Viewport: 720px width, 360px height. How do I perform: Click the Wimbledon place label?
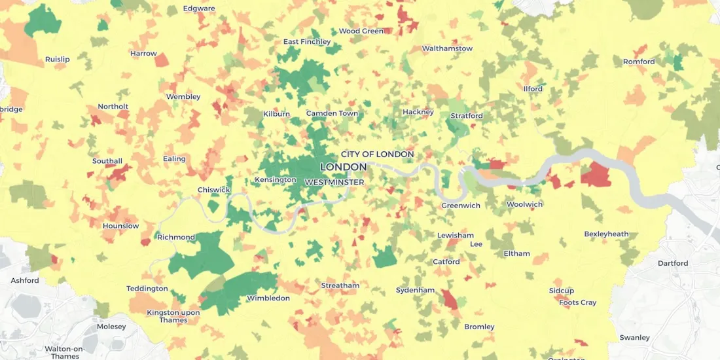point(268,298)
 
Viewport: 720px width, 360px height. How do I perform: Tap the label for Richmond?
point(176,237)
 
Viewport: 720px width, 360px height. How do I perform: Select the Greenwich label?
point(461,206)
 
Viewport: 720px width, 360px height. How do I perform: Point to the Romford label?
point(638,62)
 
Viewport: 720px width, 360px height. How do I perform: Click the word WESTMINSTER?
point(334,182)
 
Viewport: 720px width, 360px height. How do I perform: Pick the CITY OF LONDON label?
point(377,154)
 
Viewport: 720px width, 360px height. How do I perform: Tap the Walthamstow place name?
point(447,48)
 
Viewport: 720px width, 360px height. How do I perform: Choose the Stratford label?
point(466,116)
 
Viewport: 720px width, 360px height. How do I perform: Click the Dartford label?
point(673,263)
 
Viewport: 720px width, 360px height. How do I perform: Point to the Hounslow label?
point(120,226)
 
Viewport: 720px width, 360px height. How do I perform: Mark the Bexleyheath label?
point(606,234)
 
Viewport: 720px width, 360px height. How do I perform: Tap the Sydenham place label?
point(415,290)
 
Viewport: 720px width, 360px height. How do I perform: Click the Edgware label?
point(199,9)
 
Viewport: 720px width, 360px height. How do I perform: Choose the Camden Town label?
point(332,113)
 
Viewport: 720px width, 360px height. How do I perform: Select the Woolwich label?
point(524,204)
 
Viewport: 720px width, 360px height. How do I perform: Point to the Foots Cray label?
point(577,302)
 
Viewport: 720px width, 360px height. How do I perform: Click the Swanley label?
point(634,338)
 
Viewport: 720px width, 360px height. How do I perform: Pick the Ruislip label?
point(57,60)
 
